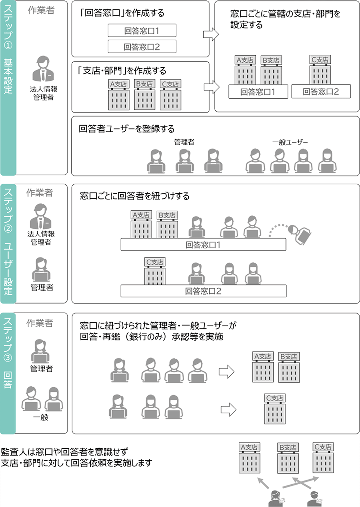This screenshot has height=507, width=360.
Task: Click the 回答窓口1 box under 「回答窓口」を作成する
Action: [142, 31]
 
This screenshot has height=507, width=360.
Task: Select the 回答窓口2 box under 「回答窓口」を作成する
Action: [142, 46]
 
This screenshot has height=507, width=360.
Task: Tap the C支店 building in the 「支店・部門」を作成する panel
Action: [170, 95]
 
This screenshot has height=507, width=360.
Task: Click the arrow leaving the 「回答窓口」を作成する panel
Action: [211, 35]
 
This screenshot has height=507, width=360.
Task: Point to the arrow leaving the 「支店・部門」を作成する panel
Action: [211, 87]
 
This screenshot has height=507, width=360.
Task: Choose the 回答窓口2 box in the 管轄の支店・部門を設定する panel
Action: [320, 92]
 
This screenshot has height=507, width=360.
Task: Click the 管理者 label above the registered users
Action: [184, 142]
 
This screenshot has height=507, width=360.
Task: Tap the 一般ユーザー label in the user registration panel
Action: [290, 142]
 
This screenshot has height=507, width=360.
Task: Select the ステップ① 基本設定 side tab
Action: [8, 88]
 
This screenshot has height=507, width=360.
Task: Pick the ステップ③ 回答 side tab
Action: [8, 372]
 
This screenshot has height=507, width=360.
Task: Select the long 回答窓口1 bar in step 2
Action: [203, 245]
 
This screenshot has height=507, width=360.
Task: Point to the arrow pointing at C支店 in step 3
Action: [228, 409]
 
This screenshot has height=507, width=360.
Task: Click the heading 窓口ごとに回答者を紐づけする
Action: [134, 196]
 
